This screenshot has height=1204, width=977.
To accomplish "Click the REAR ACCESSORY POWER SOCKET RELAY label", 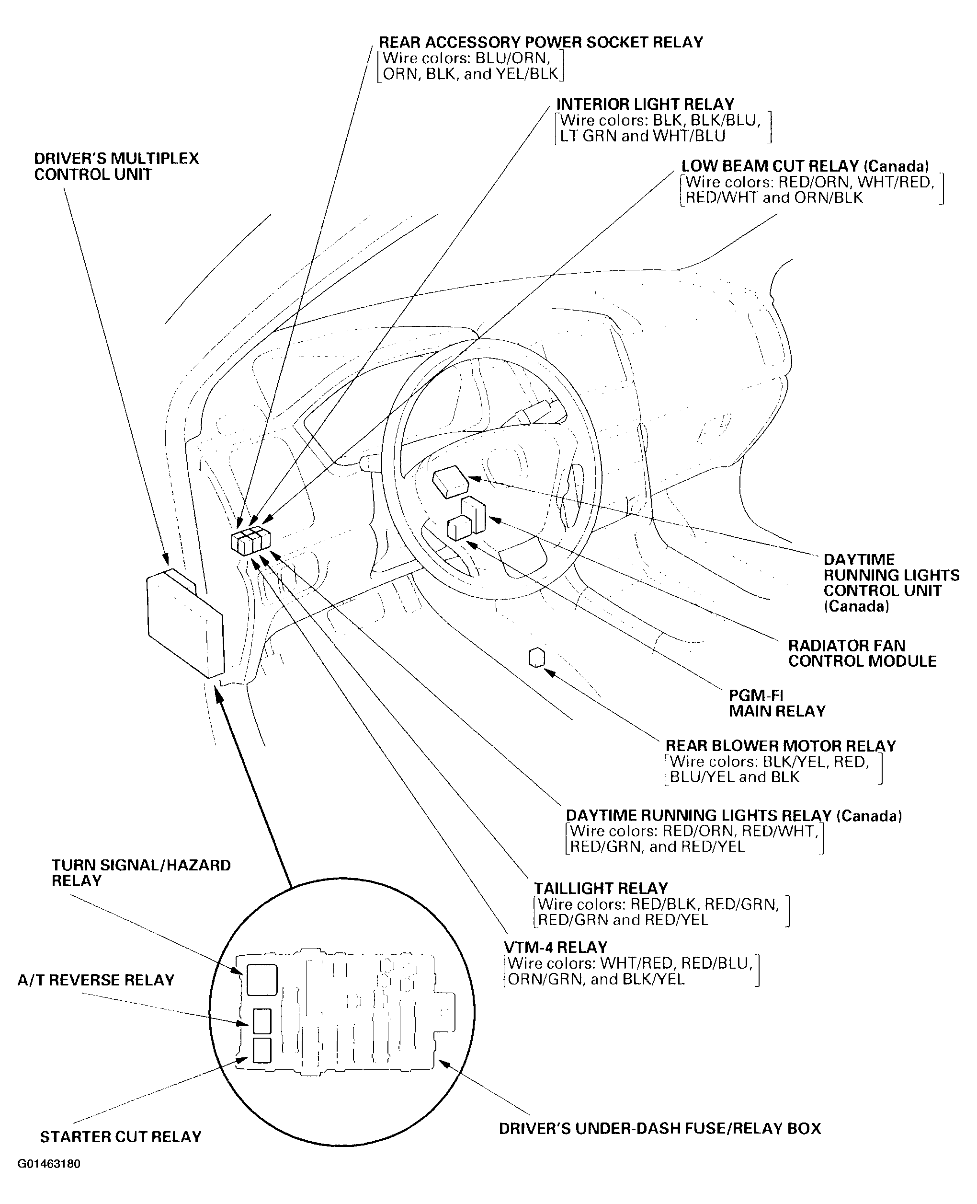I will [x=540, y=43].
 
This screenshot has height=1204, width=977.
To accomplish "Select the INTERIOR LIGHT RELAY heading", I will [x=645, y=105].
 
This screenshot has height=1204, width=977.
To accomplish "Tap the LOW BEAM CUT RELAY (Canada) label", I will [x=805, y=167].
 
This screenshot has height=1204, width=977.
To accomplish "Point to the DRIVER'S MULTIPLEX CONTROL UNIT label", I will [x=116, y=166].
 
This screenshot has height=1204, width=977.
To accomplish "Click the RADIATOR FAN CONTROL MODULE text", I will [x=862, y=653].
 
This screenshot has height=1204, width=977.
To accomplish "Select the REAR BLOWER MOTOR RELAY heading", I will [x=780, y=746].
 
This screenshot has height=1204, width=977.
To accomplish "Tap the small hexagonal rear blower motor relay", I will [x=537, y=658].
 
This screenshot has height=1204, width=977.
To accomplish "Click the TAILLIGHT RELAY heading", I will [x=601, y=889].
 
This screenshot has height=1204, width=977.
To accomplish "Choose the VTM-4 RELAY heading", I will [x=556, y=947].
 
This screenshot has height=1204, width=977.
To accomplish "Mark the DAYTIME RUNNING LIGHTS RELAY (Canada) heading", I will [x=733, y=816].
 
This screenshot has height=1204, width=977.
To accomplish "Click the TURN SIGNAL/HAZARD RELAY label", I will [x=141, y=873].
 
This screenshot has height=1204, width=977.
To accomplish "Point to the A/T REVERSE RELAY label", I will [x=96, y=981].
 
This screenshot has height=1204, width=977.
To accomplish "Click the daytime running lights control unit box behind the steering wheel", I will [x=450, y=482].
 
